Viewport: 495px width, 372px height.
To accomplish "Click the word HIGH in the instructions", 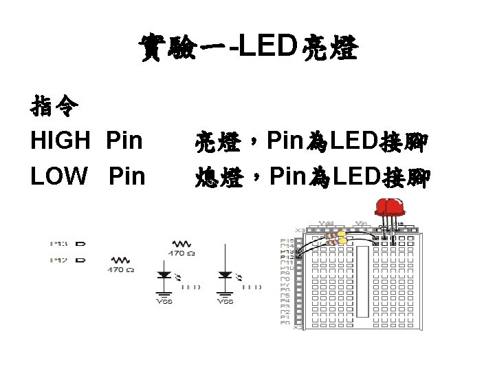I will pyautogui.click(x=60, y=141).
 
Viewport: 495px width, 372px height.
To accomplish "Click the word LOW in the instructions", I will pyautogui.click(x=59, y=176).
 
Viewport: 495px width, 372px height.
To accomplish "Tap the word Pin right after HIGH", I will pyautogui.click(x=124, y=141).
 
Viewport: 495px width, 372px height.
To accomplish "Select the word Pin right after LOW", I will pyautogui.click(x=127, y=176).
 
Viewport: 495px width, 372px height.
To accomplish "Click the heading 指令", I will pyautogui.click(x=54, y=107).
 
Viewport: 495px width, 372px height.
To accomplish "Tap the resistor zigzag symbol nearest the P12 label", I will pyautogui.click(x=120, y=260).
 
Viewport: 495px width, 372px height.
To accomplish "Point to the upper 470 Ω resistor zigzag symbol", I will pyautogui.click(x=181, y=243).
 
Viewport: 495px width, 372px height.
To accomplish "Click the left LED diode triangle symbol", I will pyautogui.click(x=164, y=275).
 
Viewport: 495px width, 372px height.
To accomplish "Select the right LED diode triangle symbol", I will pyautogui.click(x=225, y=275).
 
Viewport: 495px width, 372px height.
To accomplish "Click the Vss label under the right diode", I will pyautogui.click(x=225, y=301).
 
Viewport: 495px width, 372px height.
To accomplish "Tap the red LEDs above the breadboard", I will pyautogui.click(x=389, y=207).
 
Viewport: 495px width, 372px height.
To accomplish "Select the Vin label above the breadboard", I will pyautogui.click(x=361, y=223).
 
